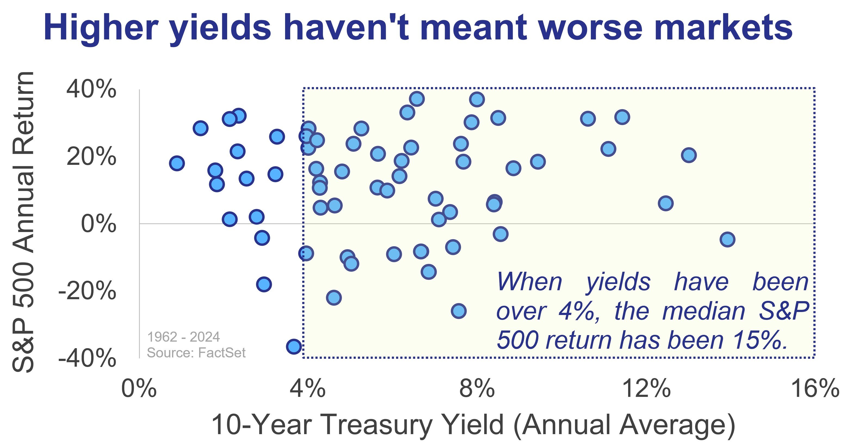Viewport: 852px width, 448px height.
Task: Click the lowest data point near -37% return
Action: (x=294, y=346)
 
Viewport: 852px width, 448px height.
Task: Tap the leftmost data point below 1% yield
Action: (x=177, y=163)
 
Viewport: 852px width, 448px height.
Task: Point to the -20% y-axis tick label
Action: (x=87, y=291)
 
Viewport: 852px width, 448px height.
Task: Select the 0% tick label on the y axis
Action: (x=98, y=224)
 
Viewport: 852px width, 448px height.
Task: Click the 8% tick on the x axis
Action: (x=477, y=388)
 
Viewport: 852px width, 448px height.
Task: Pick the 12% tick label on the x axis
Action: (x=646, y=388)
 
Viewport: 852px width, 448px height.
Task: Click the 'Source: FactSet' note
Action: (x=196, y=353)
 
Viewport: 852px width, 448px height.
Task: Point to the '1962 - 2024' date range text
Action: (x=184, y=337)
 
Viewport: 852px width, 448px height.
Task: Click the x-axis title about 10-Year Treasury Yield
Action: (x=473, y=425)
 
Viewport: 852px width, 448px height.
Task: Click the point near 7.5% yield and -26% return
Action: (x=458, y=311)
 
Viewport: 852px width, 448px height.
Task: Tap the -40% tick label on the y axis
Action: (x=87, y=358)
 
